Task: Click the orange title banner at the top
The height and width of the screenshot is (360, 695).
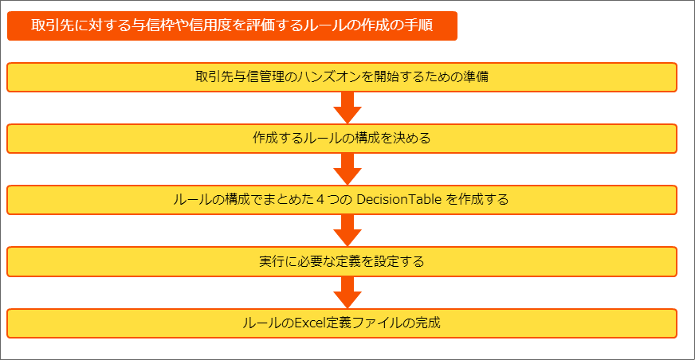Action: point(232,25)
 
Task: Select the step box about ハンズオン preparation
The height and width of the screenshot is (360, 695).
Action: point(342,77)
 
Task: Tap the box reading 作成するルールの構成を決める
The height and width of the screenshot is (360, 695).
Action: point(342,139)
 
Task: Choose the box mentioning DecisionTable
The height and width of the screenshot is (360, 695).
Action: point(342,200)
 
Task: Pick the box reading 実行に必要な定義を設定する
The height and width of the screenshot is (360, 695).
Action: point(342,262)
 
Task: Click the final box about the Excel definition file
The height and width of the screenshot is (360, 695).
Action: point(342,323)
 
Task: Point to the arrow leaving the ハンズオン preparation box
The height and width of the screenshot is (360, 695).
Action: point(347,108)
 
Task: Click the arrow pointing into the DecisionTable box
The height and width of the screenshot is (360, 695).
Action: point(347,169)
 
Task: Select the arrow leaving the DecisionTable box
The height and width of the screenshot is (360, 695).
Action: point(347,231)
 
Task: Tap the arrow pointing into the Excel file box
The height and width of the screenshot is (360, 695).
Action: point(347,292)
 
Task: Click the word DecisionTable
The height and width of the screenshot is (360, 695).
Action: point(399,200)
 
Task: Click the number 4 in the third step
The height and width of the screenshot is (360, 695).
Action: point(320,200)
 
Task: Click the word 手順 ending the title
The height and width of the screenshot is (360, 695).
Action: point(418,25)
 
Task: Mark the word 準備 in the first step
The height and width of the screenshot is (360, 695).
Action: point(476,77)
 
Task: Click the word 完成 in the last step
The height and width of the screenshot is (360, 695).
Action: point(428,323)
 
